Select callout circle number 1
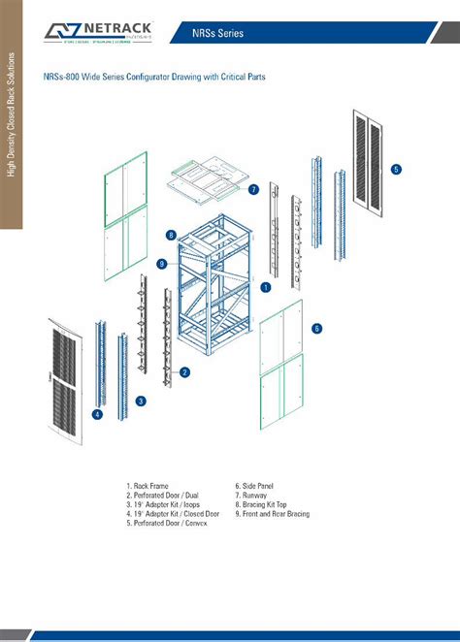(266, 287)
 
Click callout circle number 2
(184, 371)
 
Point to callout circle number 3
(141, 401)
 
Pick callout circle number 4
(97, 414)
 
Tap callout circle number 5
(396, 169)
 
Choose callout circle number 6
(316, 329)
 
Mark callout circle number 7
(252, 189)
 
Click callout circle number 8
(170, 235)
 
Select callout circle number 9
(162, 264)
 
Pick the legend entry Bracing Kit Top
(265, 504)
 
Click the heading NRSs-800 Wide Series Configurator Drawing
(154, 76)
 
